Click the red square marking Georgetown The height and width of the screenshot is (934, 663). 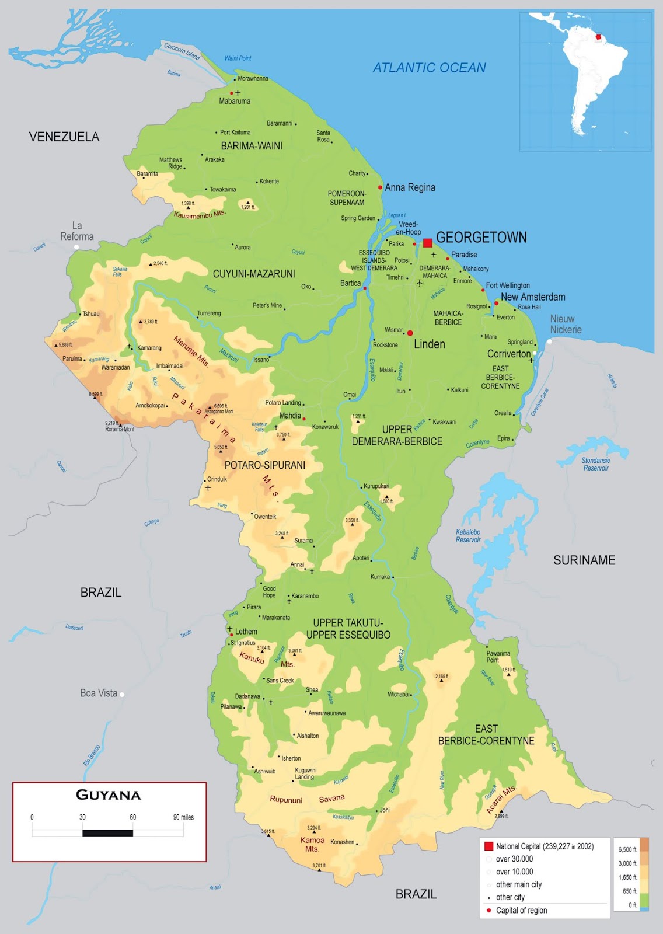tap(428, 243)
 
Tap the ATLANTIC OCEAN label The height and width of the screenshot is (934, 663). tap(429, 68)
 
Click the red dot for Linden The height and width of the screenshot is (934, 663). tap(410, 333)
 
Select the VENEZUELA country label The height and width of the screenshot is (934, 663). tap(64, 137)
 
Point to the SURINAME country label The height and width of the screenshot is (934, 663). tap(584, 560)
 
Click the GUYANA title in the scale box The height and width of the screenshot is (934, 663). tap(109, 795)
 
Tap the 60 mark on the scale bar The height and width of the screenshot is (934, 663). tap(132, 817)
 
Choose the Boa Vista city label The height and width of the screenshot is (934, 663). tap(99, 693)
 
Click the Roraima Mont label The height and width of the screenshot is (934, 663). tap(120, 429)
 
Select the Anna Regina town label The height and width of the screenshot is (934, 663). tap(410, 187)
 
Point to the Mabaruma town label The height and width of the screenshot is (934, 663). tap(235, 102)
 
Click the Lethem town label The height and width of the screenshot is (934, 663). tap(246, 632)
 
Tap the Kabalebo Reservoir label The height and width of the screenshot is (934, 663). tap(468, 536)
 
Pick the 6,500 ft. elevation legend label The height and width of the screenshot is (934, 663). tap(627, 849)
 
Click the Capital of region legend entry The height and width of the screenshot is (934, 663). tap(521, 910)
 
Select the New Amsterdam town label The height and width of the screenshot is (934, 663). tap(533, 297)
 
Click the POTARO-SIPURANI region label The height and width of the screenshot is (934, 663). tap(265, 465)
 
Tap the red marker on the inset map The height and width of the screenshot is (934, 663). tap(598, 37)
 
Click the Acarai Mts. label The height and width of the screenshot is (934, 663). tap(501, 799)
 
